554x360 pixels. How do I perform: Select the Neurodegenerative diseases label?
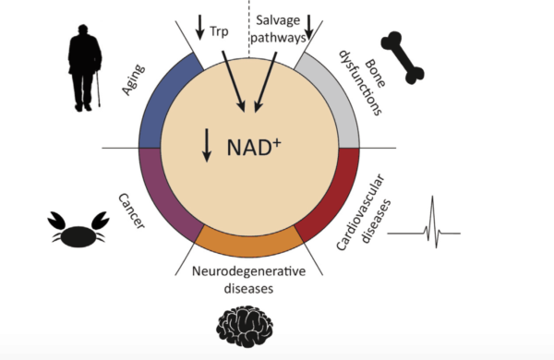click(247, 279)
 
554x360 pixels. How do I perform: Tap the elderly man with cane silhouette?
click(84, 70)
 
